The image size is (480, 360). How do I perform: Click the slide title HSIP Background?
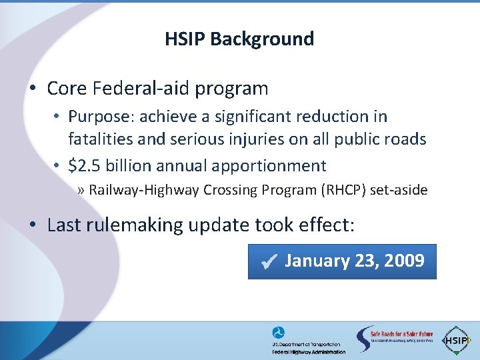coord(239,39)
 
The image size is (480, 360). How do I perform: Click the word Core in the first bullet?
coord(68,88)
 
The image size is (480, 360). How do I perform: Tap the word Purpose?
coord(96,117)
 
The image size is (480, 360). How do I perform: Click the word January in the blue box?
coord(317,261)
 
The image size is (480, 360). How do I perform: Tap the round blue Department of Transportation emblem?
coord(278,333)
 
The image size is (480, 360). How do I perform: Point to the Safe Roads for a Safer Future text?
coord(401,334)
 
